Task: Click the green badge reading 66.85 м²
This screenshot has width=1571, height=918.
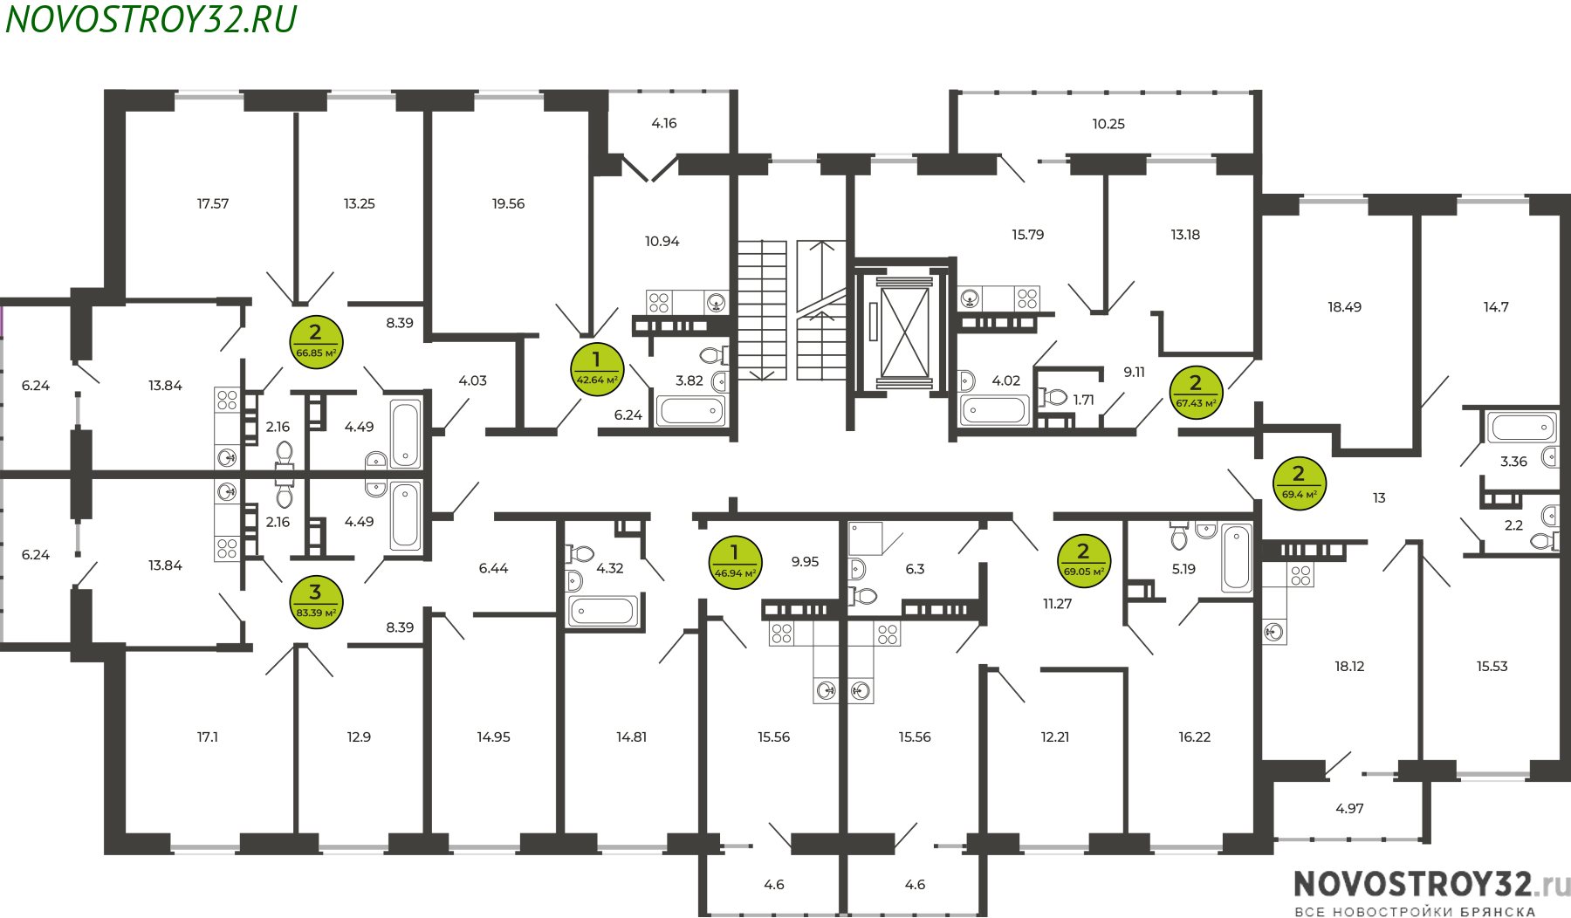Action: click(316, 342)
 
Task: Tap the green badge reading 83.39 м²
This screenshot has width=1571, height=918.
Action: click(316, 602)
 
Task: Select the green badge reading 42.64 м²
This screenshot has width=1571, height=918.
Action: click(597, 369)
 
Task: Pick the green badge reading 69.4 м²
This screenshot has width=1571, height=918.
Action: click(1300, 483)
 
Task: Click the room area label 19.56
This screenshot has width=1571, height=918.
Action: click(508, 203)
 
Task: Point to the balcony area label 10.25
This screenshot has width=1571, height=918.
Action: click(1108, 124)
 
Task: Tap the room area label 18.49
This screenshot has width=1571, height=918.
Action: click(1344, 307)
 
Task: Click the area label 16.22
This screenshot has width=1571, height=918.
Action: click(1194, 737)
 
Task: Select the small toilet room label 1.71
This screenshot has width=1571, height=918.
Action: click(1083, 400)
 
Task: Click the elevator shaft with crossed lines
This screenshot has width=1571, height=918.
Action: click(904, 332)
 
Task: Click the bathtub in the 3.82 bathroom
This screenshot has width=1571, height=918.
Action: click(690, 410)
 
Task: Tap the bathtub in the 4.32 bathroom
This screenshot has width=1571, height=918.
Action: click(602, 611)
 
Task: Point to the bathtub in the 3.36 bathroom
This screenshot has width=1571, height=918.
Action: click(1521, 428)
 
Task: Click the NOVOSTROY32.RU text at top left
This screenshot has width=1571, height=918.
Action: click(151, 19)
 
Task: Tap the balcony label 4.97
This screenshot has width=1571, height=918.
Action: click(1349, 809)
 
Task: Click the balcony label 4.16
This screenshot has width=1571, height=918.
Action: click(664, 123)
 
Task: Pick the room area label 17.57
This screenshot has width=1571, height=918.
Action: click(213, 203)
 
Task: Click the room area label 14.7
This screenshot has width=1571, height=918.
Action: click(1496, 307)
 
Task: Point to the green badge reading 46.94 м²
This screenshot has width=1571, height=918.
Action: click(735, 563)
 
